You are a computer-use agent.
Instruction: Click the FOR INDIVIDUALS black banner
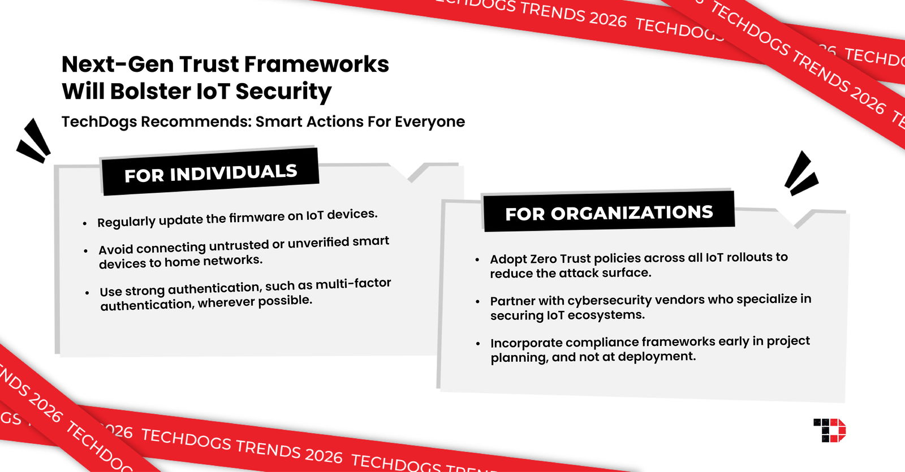click(x=210, y=172)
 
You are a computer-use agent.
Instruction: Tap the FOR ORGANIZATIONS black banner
click(x=609, y=213)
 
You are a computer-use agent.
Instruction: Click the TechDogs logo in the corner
click(x=829, y=431)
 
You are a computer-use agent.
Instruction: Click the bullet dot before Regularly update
click(x=85, y=224)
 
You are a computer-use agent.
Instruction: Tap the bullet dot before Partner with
click(x=478, y=302)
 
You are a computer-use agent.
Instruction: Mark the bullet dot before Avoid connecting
click(x=86, y=251)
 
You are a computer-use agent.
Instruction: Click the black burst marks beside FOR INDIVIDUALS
click(x=34, y=141)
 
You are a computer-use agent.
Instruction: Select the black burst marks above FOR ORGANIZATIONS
click(x=800, y=174)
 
